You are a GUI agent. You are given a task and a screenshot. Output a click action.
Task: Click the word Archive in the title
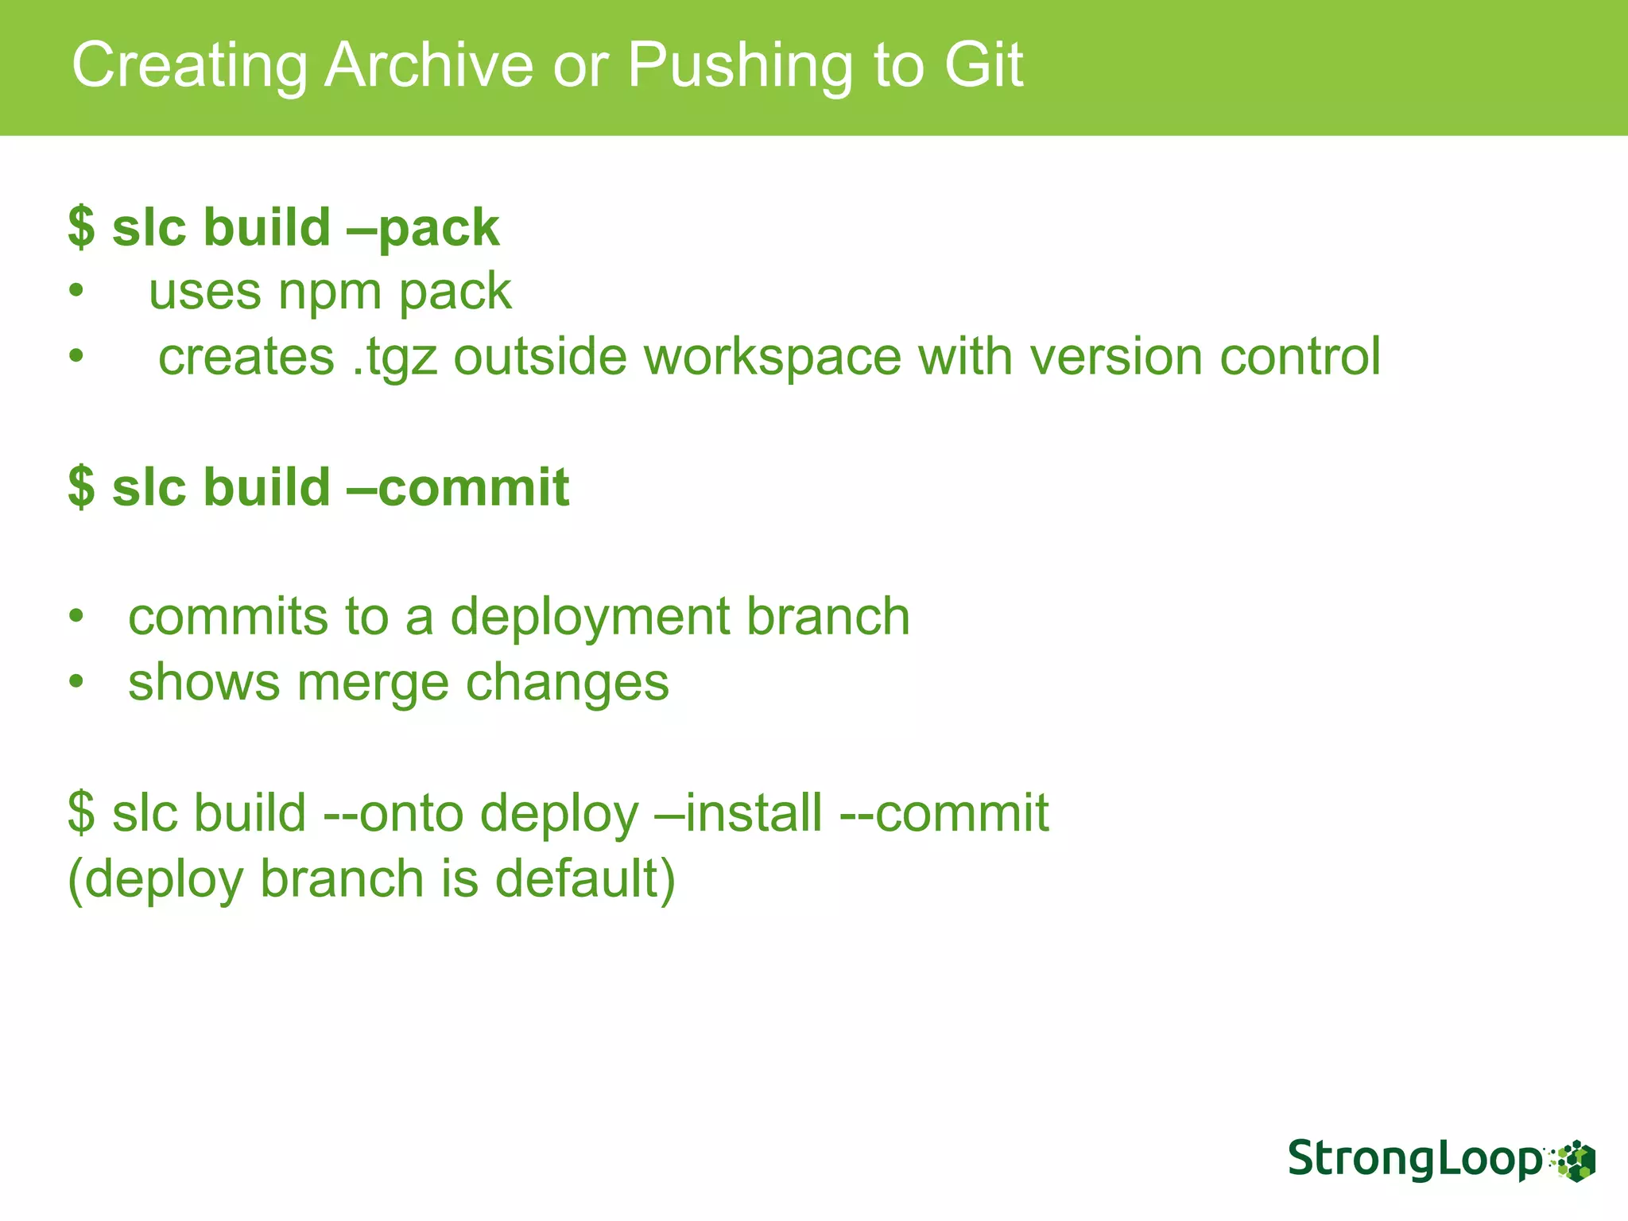[429, 65]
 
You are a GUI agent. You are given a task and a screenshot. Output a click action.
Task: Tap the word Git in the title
[983, 65]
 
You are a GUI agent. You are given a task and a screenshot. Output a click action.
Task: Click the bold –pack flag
[423, 229]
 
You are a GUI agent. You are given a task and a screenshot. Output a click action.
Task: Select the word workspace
[772, 358]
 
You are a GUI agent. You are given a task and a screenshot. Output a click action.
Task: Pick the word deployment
[590, 618]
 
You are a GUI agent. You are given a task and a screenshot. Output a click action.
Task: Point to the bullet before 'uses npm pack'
[76, 293]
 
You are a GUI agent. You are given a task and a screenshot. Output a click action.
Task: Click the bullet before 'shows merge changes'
[76, 683]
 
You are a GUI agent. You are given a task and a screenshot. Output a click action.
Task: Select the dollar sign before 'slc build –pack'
[81, 229]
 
